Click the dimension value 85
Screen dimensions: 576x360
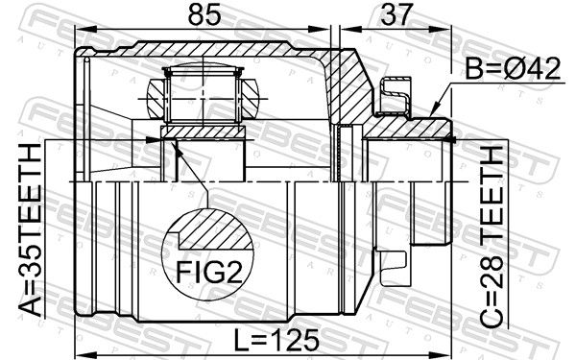click(x=204, y=15)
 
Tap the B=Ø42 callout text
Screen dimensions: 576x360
click(x=514, y=69)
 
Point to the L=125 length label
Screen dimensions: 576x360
click(x=276, y=340)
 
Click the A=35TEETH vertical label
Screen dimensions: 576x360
click(x=30, y=229)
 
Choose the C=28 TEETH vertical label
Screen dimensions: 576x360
click(x=492, y=237)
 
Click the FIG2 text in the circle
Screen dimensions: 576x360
click(x=209, y=273)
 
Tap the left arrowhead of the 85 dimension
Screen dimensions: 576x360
click(x=85, y=29)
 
